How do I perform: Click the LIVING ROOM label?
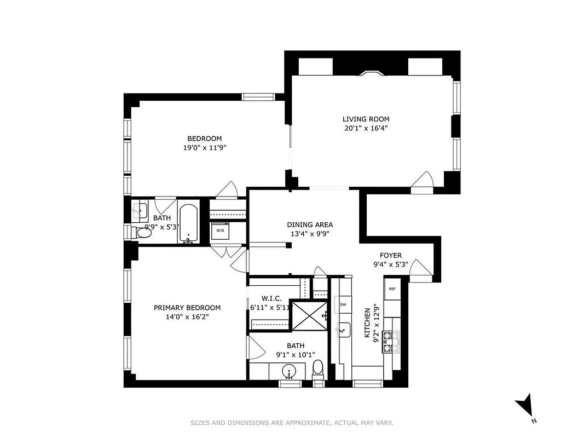366,119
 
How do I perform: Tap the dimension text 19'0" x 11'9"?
205,147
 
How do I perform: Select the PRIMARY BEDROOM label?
187,308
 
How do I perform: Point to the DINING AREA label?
310,224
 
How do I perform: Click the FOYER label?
391,256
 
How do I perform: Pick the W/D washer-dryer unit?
220,231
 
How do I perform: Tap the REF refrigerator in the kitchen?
392,289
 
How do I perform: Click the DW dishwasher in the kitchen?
343,304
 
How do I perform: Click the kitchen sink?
344,330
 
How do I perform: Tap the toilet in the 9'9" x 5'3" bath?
143,233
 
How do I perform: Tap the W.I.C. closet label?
271,298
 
